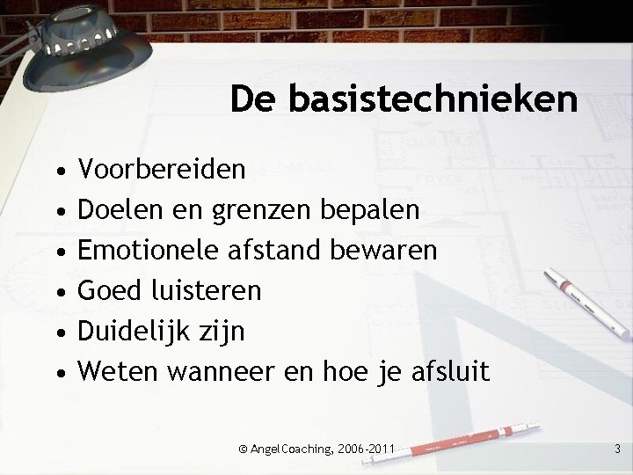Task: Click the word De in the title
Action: (249, 99)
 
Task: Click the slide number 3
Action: (617, 449)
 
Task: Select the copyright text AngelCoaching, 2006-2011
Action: (321, 449)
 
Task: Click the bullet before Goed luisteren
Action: (56, 291)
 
